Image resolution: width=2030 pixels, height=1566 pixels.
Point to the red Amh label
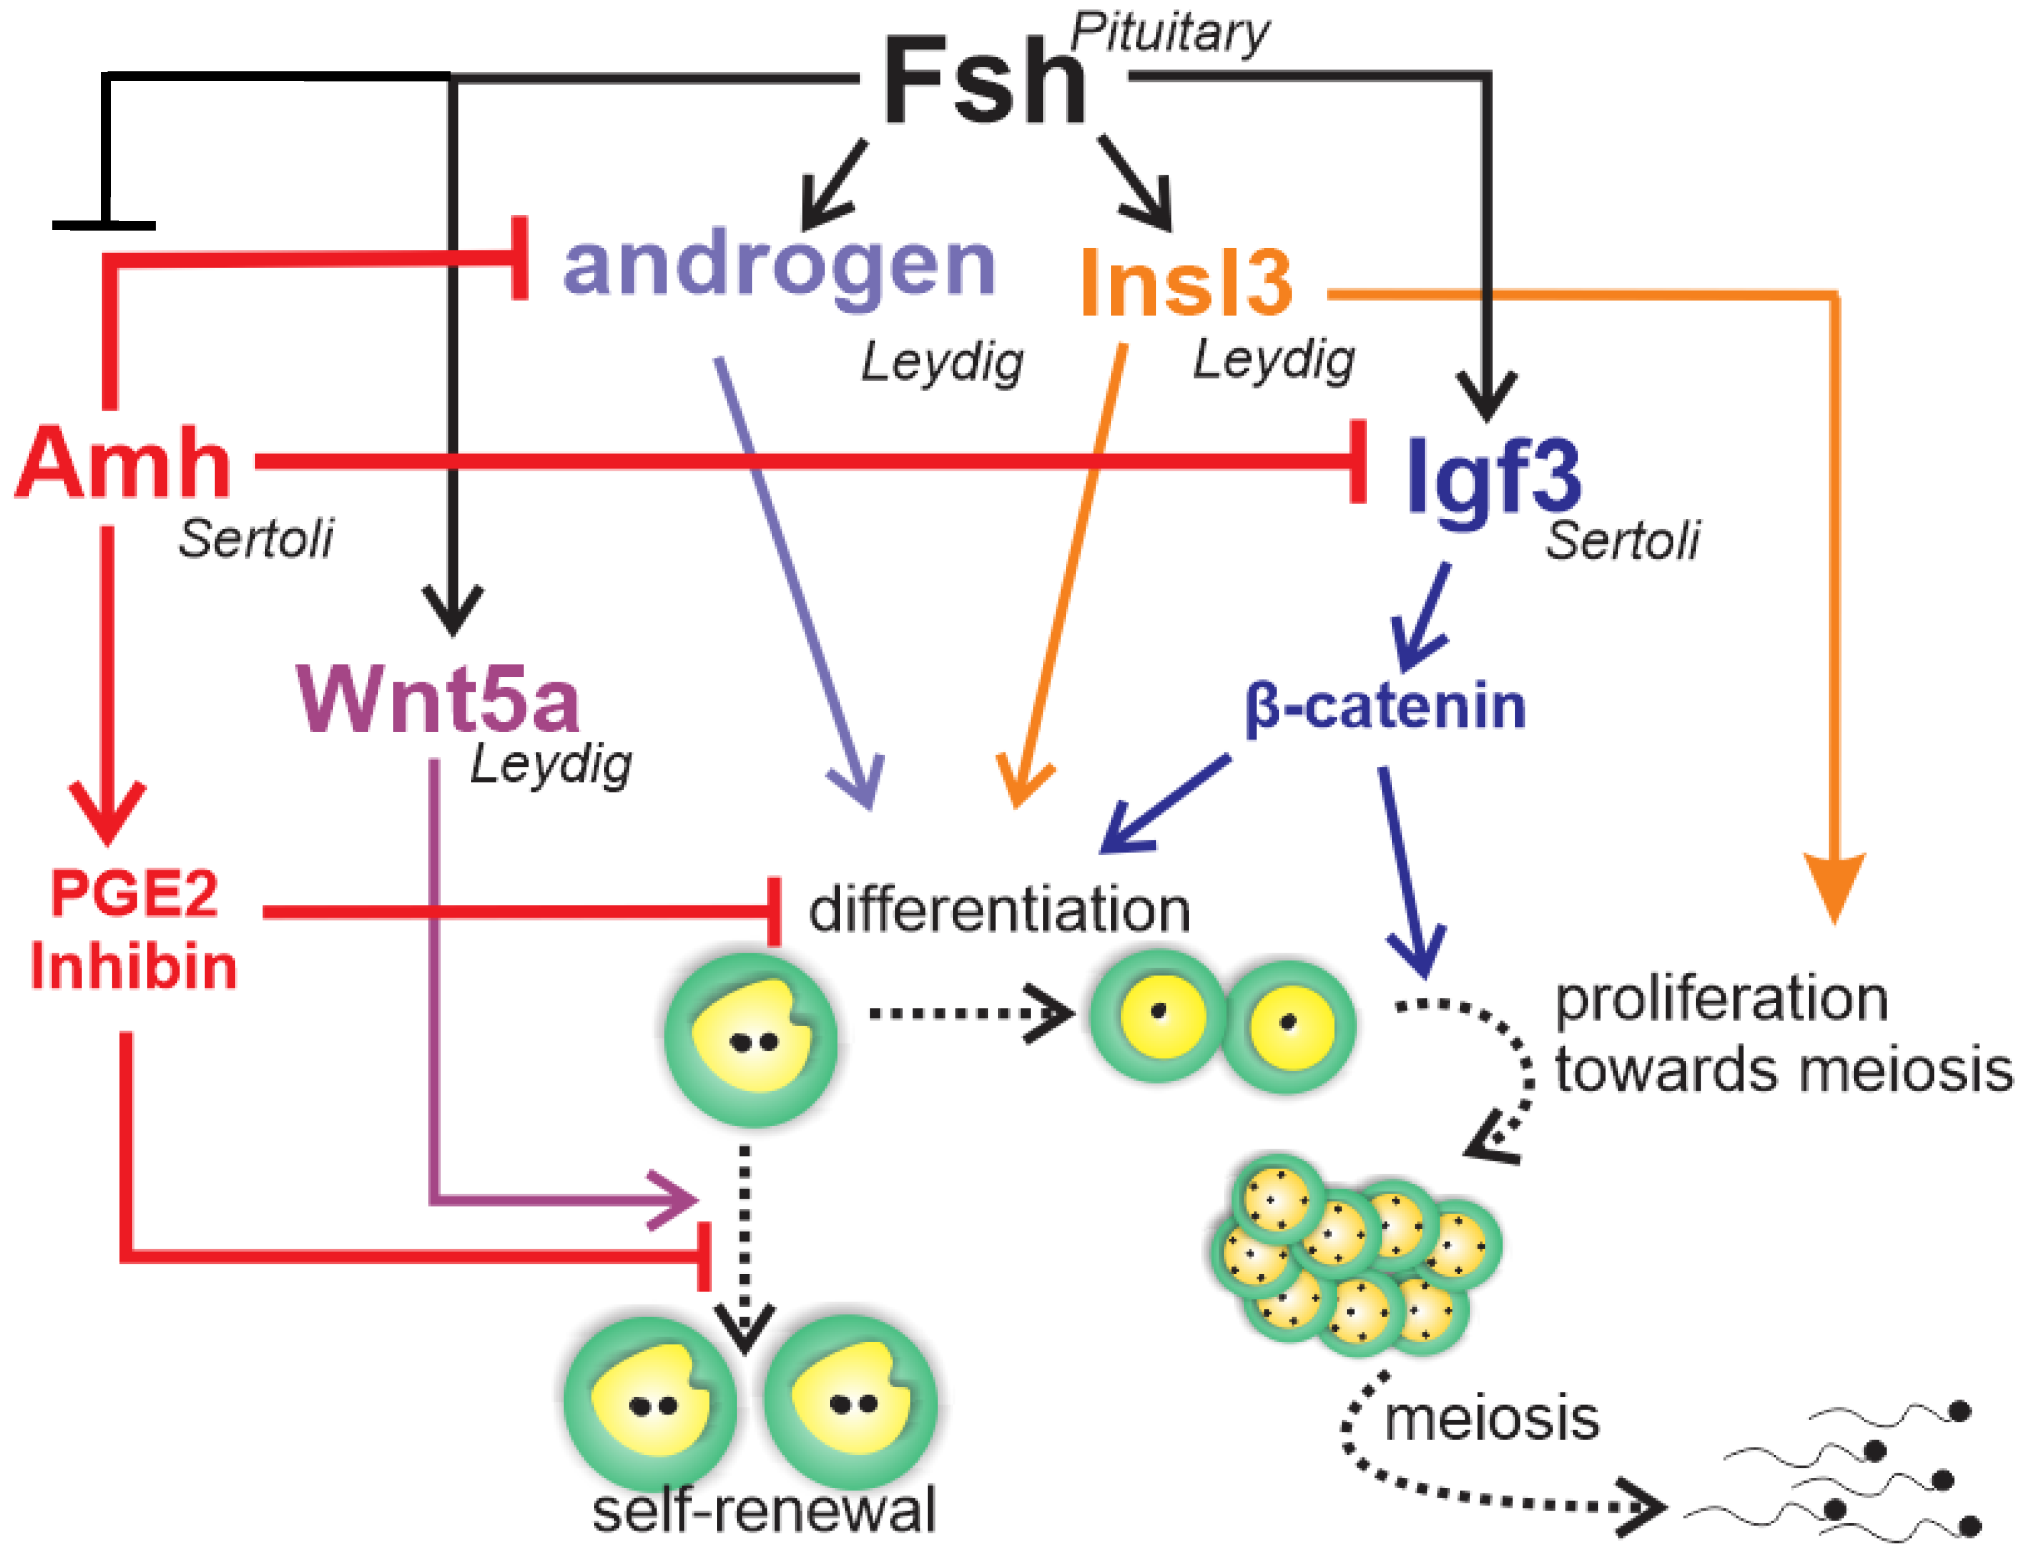click(x=124, y=464)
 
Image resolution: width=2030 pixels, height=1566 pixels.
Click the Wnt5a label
click(x=438, y=699)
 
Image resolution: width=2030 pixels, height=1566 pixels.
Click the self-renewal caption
click(x=763, y=1510)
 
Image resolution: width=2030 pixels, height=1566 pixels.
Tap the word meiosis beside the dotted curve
click(x=1492, y=1419)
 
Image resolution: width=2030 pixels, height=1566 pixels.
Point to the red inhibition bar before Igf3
click(x=1358, y=462)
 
